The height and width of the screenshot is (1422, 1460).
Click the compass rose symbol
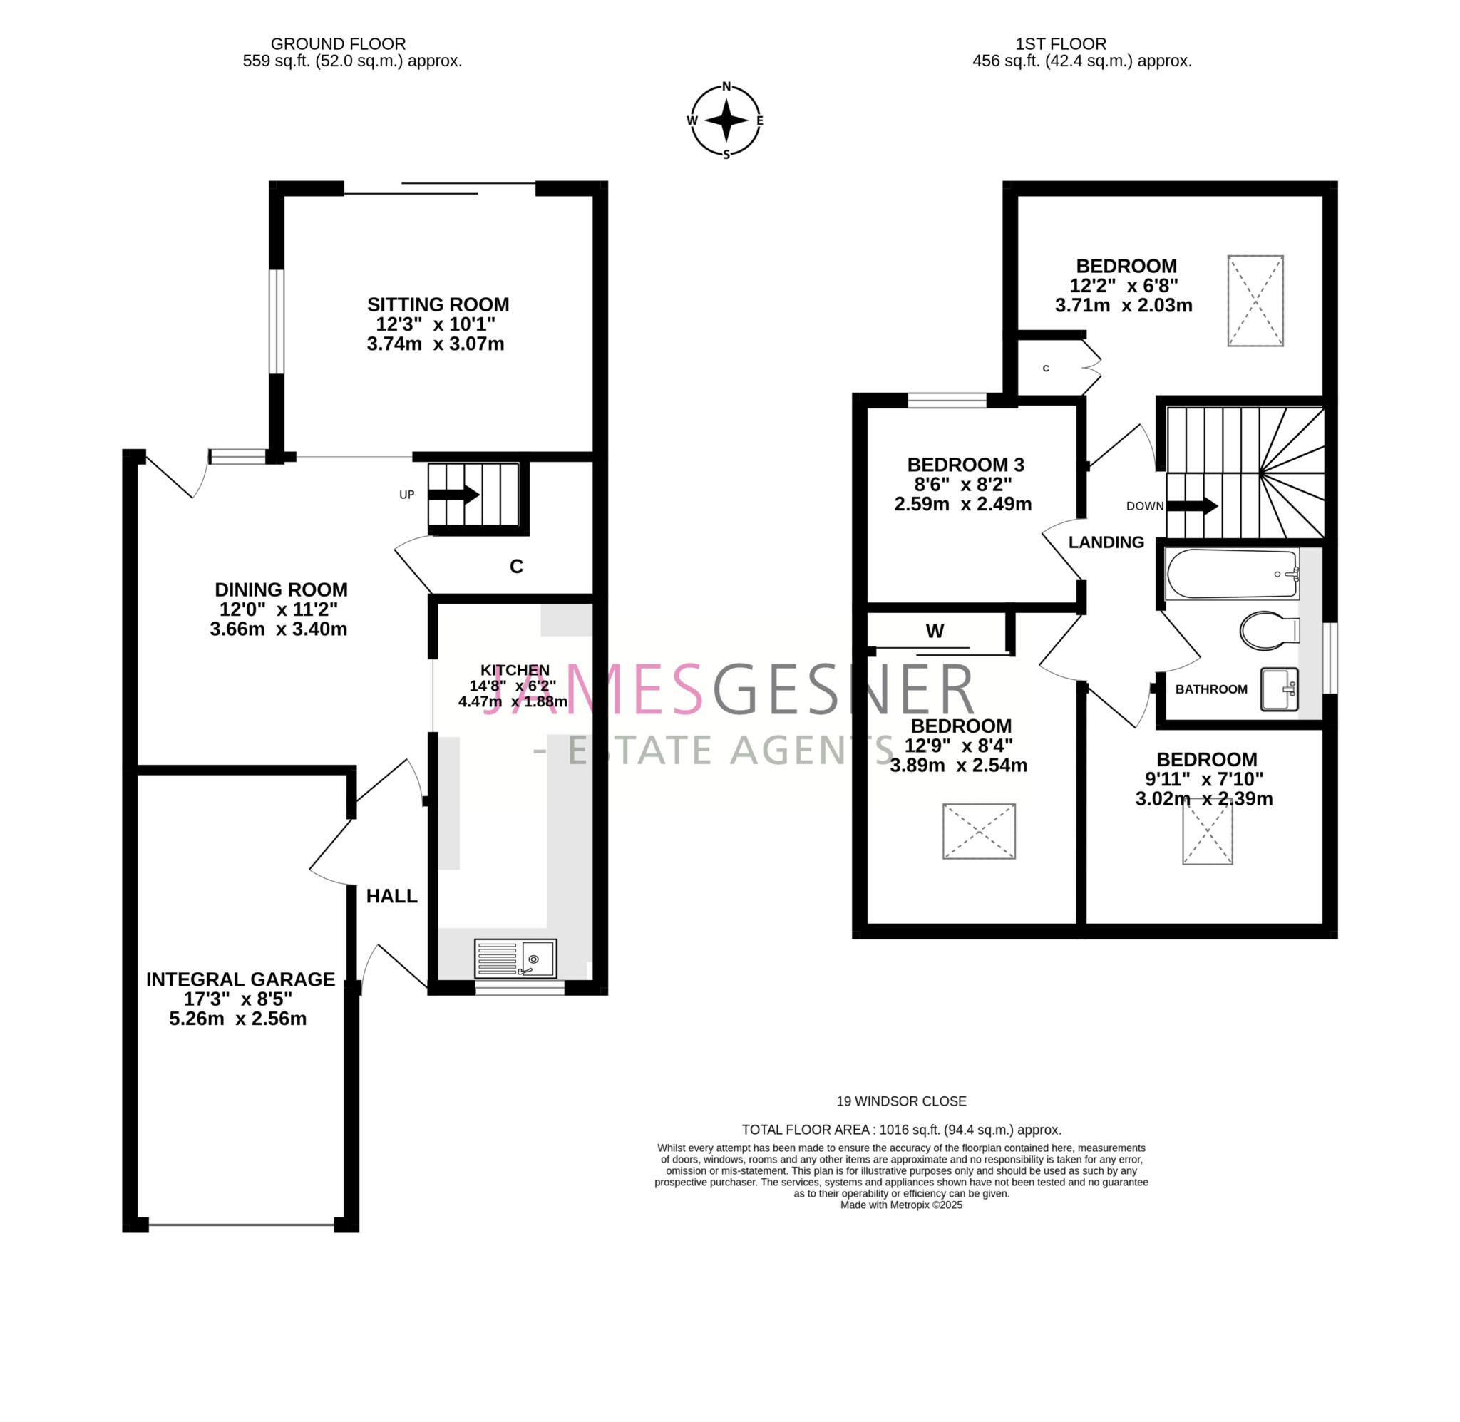pyautogui.click(x=725, y=120)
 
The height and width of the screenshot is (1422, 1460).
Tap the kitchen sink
pyautogui.click(x=515, y=957)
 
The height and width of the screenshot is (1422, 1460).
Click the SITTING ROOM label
pyautogui.click(x=438, y=305)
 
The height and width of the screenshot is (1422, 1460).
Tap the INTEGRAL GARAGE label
pyautogui.click(x=240, y=979)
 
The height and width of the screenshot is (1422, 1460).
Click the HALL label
pyautogui.click(x=391, y=896)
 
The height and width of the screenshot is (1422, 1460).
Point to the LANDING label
pyautogui.click(x=1105, y=542)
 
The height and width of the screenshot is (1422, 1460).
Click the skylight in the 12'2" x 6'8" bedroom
pyautogui.click(x=1255, y=301)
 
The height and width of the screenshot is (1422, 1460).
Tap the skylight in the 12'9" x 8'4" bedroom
pyautogui.click(x=978, y=831)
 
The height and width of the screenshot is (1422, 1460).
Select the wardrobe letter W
pyautogui.click(x=935, y=631)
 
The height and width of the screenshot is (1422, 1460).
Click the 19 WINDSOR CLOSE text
pyautogui.click(x=900, y=1101)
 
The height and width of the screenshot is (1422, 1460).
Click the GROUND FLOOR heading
pyautogui.click(x=339, y=44)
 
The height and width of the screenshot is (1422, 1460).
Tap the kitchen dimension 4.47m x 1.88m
pyautogui.click(x=513, y=702)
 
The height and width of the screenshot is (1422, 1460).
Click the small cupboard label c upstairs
pyautogui.click(x=1046, y=369)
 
